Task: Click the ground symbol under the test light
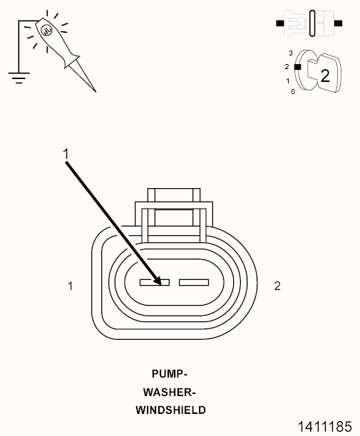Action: coord(19,78)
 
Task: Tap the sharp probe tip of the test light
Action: coord(96,92)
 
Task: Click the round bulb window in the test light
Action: coord(46,31)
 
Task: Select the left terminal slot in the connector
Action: coord(155,283)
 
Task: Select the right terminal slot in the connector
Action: coord(194,283)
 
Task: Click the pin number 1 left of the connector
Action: coord(71,286)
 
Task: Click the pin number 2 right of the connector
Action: coord(277,286)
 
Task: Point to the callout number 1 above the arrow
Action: coord(66,154)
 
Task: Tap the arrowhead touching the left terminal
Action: coord(158,280)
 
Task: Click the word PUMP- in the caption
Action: coord(170,374)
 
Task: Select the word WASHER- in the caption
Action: coord(170,392)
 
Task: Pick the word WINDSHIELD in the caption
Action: coord(170,410)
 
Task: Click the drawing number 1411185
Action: coord(324,427)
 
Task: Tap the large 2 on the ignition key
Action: coord(325,76)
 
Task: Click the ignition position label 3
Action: coord(291,53)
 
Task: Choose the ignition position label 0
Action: coord(293,91)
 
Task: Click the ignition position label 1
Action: coord(288,81)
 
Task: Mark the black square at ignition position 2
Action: coord(298,67)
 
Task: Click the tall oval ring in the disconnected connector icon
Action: coord(312,24)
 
